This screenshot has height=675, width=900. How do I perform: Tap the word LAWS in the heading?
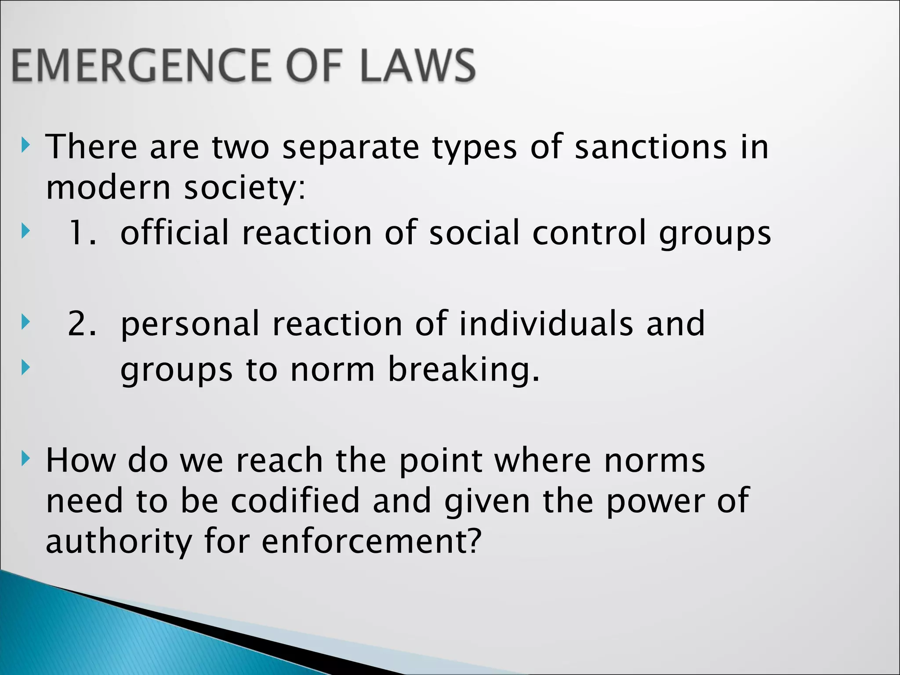tap(418, 66)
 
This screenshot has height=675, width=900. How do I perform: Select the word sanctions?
tap(651, 147)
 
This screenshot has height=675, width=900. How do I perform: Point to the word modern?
tap(108, 188)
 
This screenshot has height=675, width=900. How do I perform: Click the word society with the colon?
tap(244, 189)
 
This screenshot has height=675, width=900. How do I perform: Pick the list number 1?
tap(82, 232)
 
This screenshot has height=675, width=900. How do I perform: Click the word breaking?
tap(464, 370)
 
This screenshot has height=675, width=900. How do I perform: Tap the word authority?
tap(119, 542)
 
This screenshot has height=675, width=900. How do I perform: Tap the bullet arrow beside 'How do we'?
tap(26, 459)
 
